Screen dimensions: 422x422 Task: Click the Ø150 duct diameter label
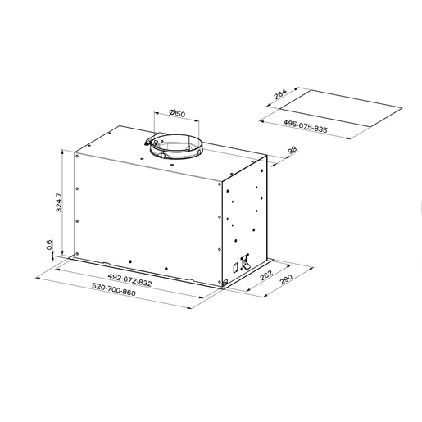point(177,113)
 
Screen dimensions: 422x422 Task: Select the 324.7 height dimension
point(59,202)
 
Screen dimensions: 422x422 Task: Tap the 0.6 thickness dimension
point(49,244)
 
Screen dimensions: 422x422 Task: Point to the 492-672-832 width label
point(129,279)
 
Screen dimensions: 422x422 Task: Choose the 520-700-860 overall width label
point(114,289)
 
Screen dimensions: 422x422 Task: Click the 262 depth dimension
point(265,275)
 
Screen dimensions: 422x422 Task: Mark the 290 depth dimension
point(286,279)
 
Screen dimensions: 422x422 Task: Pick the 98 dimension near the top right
point(292,151)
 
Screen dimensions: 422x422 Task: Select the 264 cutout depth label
point(280,94)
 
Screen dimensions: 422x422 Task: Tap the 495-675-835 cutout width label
point(305,126)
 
